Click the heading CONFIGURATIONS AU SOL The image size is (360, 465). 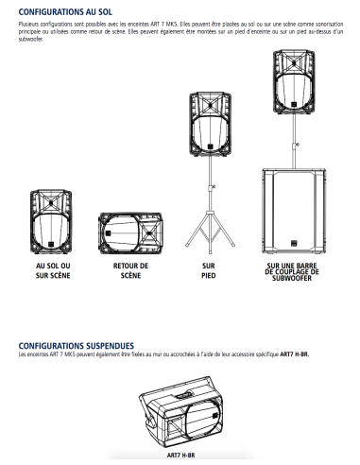coord(65,12)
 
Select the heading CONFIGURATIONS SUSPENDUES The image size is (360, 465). coord(77,346)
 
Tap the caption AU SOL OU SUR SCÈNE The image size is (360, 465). coord(53,270)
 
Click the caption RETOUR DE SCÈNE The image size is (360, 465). coord(130,270)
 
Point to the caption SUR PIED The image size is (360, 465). coord(209,270)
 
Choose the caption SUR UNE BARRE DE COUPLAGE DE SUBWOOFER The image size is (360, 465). coord(292,272)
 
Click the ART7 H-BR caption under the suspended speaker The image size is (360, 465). coord(180,456)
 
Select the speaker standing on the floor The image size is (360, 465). coord(51,222)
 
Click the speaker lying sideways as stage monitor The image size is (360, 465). coord(130,233)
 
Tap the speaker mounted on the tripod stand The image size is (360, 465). coord(210,124)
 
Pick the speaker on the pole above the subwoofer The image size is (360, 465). coord(294,81)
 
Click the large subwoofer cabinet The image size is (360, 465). coord(294,212)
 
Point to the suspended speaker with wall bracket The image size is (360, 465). coord(181,412)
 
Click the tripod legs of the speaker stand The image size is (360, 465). coord(210,232)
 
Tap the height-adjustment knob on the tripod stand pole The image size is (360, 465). coord(214,187)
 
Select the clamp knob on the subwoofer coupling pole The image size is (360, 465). coord(297,145)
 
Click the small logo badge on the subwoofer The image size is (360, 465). coord(294,244)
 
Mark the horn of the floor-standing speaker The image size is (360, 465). coord(51,202)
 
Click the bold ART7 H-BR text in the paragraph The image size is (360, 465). coord(295,354)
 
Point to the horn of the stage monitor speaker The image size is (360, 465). coord(149,233)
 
